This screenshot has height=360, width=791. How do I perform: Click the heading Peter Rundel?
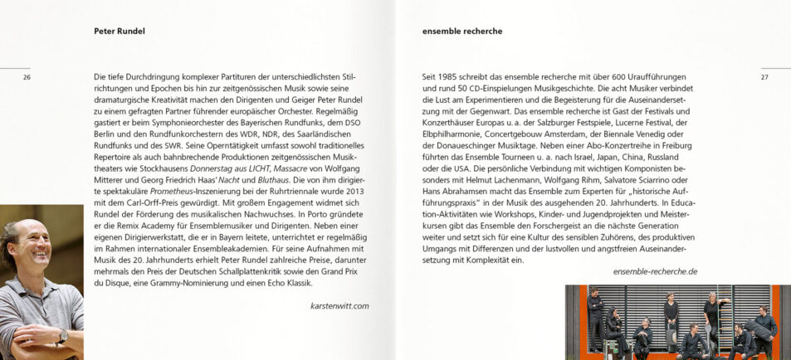[120, 32]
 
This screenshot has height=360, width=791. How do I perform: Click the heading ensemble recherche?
[462, 32]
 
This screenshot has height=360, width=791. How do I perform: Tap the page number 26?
[27, 77]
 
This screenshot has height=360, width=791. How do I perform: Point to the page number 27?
[764, 77]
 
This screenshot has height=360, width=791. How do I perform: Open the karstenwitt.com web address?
[339, 305]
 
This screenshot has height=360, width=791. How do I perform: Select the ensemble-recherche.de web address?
[655, 271]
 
